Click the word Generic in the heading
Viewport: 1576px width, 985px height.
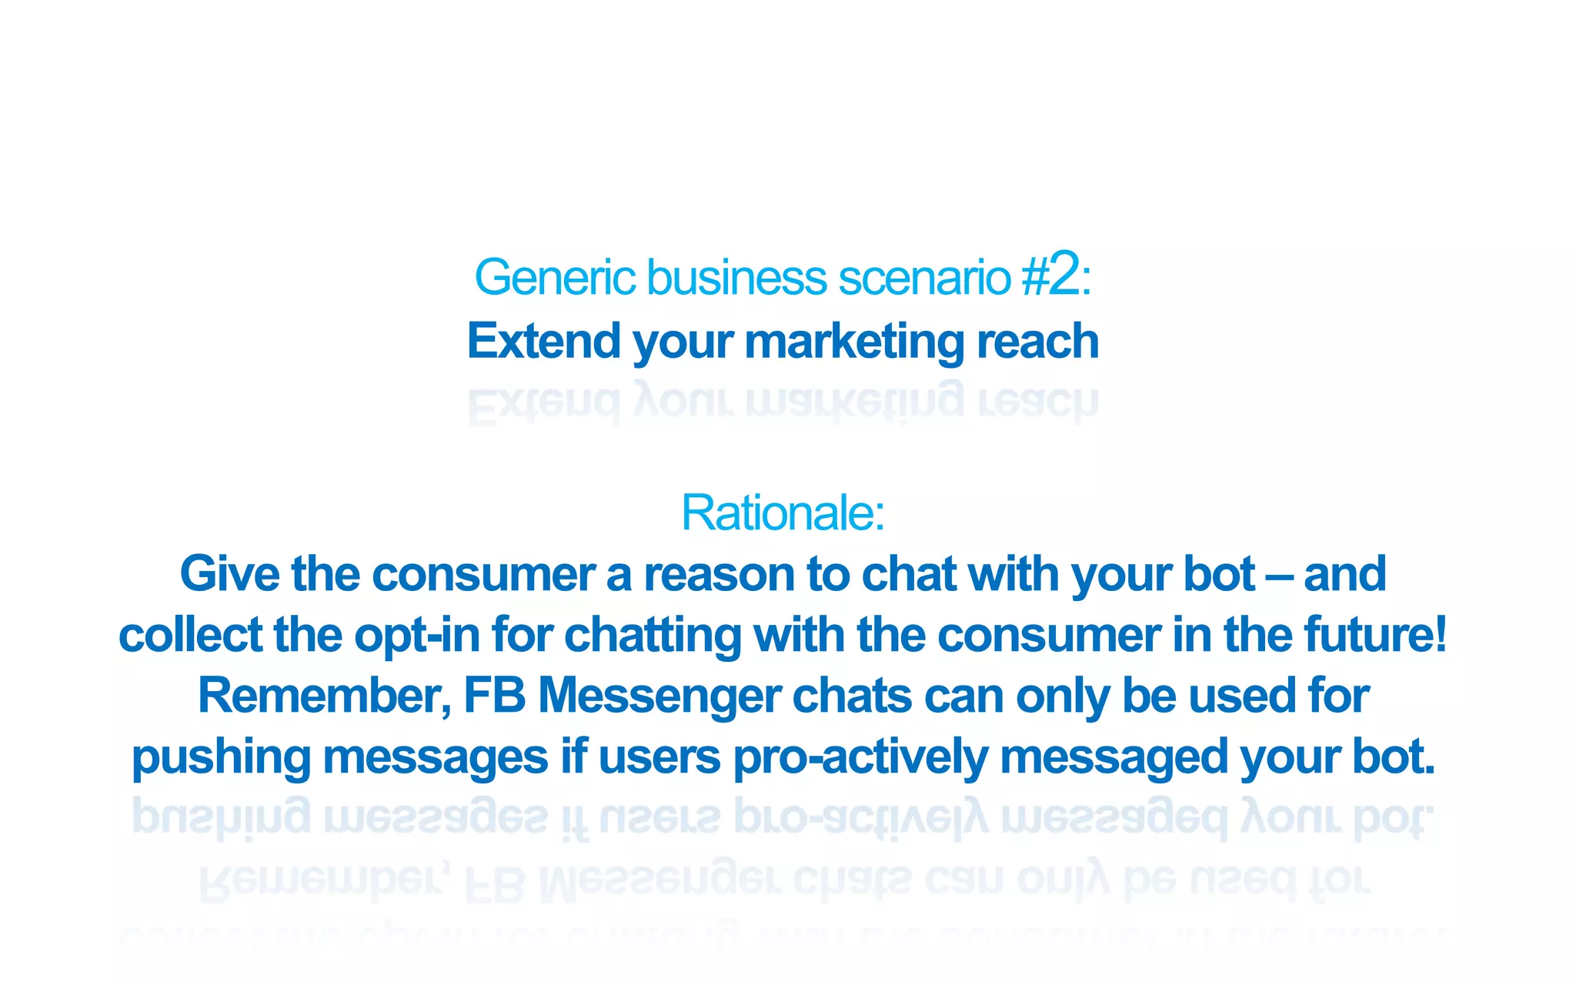(554, 278)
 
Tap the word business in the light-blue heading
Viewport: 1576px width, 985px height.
(736, 278)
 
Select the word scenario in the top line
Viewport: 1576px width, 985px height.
(924, 278)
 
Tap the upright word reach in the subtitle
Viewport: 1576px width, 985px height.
(1037, 341)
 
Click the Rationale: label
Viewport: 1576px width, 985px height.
(783, 513)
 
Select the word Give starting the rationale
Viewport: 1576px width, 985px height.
(229, 574)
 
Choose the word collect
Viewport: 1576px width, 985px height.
(190, 635)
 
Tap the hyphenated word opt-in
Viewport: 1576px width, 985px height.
(417, 636)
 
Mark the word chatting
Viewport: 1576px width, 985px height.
(653, 636)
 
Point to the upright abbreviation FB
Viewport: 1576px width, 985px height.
(495, 696)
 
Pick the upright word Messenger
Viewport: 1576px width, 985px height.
(659, 697)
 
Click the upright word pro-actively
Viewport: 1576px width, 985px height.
(860, 758)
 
